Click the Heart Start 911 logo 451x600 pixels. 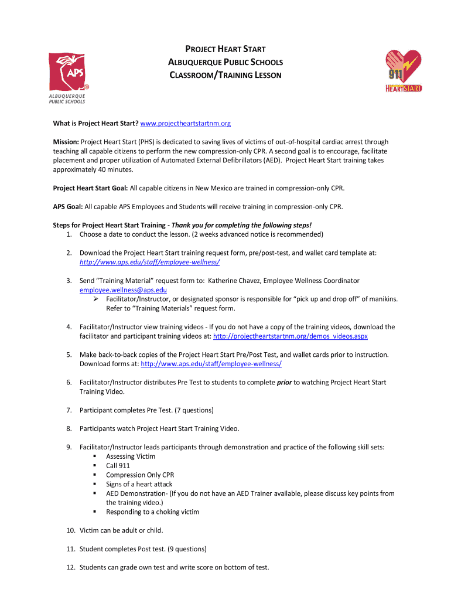(x=403, y=70)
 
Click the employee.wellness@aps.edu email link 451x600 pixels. (x=124, y=289)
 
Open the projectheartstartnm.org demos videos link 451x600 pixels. (x=291, y=336)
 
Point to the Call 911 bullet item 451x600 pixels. (x=118, y=466)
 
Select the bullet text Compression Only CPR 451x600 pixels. (x=140, y=475)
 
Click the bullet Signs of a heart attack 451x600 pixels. (x=139, y=484)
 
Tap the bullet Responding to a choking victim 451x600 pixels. (x=152, y=512)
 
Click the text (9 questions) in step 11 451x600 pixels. (x=186, y=549)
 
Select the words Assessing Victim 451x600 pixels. (x=131, y=456)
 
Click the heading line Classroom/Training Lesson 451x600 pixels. (x=225, y=75)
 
